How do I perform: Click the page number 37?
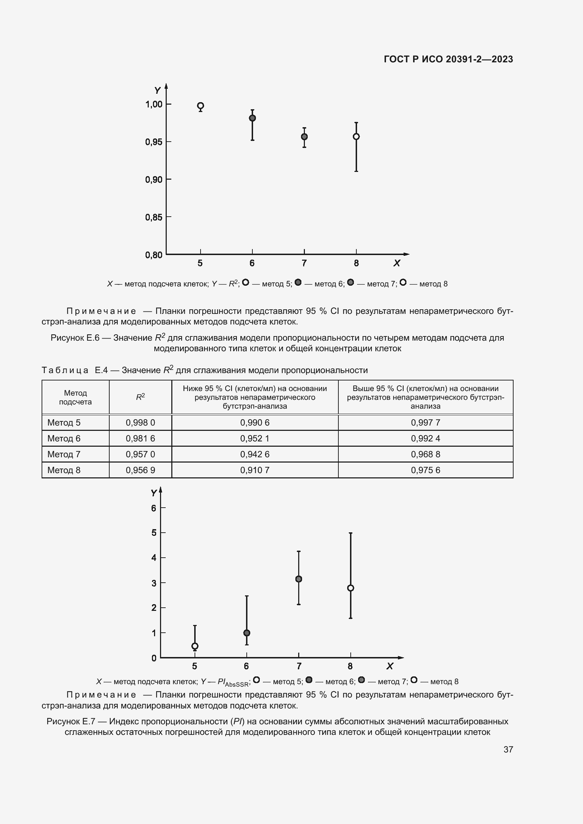pyautogui.click(x=508, y=749)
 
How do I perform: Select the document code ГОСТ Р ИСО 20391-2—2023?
pyautogui.click(x=448, y=59)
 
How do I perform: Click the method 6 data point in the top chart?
pyautogui.click(x=252, y=118)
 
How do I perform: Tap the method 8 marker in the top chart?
pyautogui.click(x=356, y=136)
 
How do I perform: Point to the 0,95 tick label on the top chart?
pyautogui.click(x=154, y=142)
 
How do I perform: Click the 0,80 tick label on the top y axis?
pyautogui.click(x=154, y=255)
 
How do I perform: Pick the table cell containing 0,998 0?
pyautogui.click(x=140, y=422)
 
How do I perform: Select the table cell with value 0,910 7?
pyautogui.click(x=254, y=470)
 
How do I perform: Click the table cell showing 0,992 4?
pyautogui.click(x=425, y=438)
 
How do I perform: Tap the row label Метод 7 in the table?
pyautogui.click(x=64, y=454)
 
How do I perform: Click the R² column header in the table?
pyautogui.click(x=140, y=397)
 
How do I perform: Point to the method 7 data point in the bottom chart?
pyautogui.click(x=299, y=579)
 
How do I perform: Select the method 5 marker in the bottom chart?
pyautogui.click(x=195, y=646)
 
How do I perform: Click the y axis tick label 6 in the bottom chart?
pyautogui.click(x=154, y=508)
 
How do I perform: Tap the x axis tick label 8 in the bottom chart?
pyautogui.click(x=350, y=667)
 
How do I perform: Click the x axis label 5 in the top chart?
pyautogui.click(x=200, y=264)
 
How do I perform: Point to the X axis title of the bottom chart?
pyautogui.click(x=390, y=667)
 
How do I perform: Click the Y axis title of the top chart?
pyautogui.click(x=157, y=91)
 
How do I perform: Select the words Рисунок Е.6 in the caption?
pyautogui.click(x=75, y=338)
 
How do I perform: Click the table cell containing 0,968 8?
pyautogui.click(x=425, y=454)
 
